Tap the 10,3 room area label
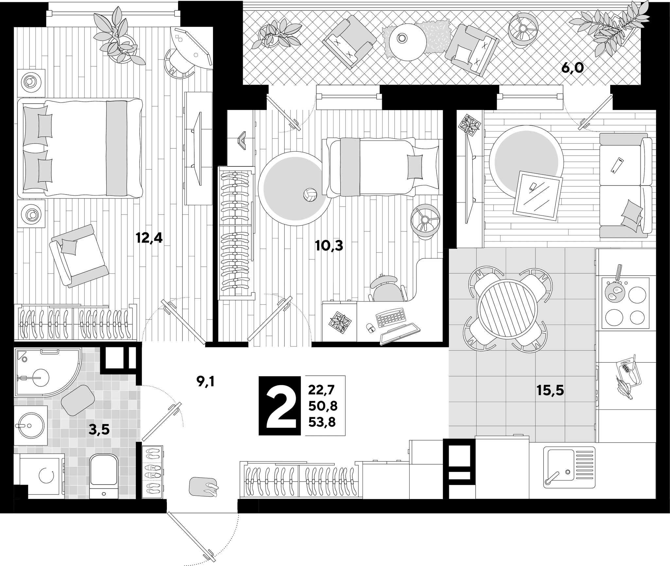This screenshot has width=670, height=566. coord(329,245)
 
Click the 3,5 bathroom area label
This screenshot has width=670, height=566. coord(99,430)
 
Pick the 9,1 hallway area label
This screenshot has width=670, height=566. coord(205,381)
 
